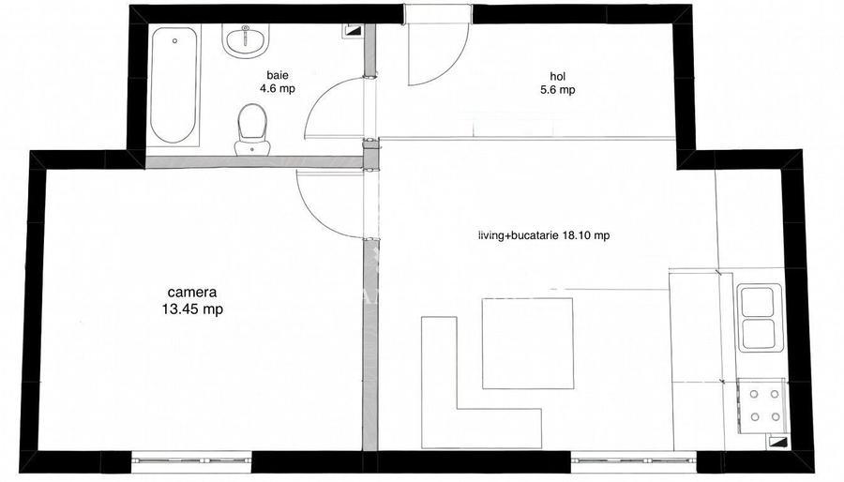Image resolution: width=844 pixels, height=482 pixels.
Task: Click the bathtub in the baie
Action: tap(173, 84)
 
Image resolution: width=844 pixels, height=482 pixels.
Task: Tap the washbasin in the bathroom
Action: tap(246, 40)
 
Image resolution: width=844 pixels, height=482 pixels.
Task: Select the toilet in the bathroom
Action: tap(250, 126)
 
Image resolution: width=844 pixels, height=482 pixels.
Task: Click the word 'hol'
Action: tap(559, 76)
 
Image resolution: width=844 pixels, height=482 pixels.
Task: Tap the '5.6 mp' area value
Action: tap(559, 90)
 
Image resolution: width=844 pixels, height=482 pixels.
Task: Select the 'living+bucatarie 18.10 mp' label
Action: tap(543, 236)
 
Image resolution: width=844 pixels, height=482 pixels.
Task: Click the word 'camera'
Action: tap(193, 291)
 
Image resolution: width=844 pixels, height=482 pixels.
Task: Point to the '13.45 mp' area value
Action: tap(193, 308)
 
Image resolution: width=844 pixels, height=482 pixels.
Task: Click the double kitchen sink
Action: tap(758, 318)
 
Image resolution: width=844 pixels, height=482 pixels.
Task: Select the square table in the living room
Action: tap(527, 342)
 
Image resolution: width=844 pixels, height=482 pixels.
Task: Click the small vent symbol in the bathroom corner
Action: tap(353, 29)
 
